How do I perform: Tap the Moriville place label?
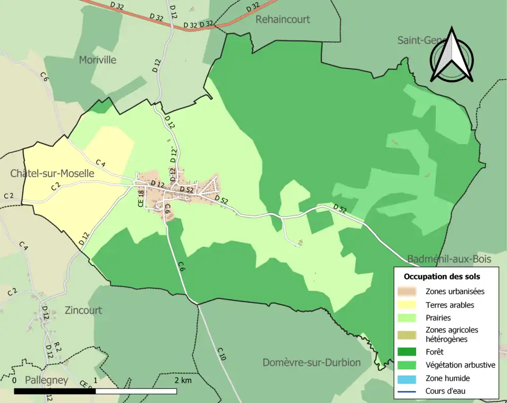pos(98,60)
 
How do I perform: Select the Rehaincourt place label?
pos(283,20)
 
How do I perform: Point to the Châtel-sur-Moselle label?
pos(52,173)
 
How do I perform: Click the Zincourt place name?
pos(83,310)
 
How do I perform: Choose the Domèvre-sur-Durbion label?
pos(312,362)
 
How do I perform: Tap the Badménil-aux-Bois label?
pos(449,259)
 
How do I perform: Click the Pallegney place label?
pos(46,380)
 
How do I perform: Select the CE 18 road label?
pos(140,198)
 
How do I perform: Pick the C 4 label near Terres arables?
pos(100,164)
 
